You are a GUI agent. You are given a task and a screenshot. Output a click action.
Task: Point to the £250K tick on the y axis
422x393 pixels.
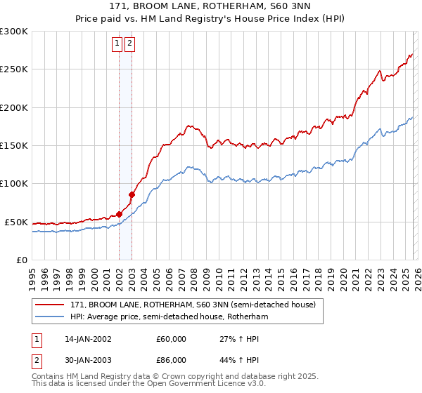(x=14, y=69)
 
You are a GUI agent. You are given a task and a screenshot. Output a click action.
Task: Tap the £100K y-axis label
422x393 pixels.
(x=14, y=184)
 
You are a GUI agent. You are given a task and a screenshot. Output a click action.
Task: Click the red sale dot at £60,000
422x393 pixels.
(x=119, y=214)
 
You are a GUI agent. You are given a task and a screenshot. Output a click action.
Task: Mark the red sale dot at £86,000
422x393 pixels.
(x=132, y=194)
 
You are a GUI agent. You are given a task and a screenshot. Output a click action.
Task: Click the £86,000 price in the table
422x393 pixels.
(x=171, y=360)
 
